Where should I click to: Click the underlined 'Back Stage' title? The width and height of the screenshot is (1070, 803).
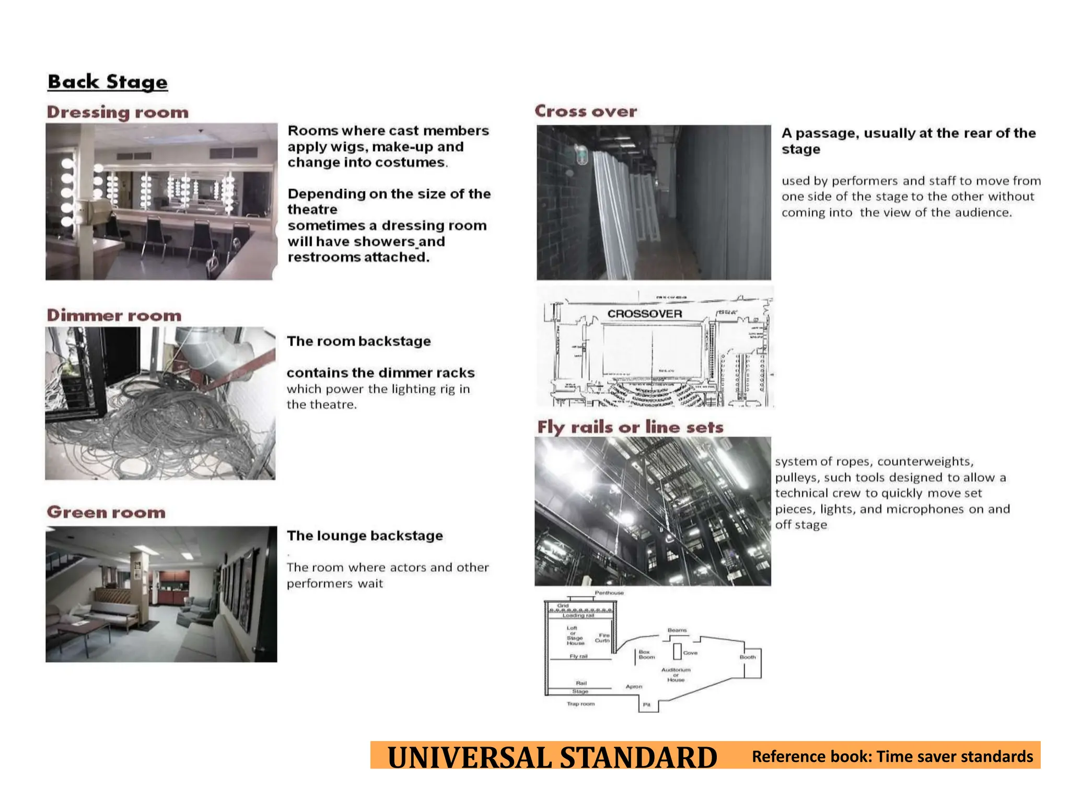point(108,82)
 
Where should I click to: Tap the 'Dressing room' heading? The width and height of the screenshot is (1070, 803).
point(118,112)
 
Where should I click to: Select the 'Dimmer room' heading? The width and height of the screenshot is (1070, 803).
point(114,315)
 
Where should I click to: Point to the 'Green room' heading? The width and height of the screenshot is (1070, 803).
point(106,512)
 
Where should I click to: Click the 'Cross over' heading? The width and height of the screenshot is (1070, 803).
point(586,111)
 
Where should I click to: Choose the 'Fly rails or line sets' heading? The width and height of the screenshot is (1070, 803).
point(630,427)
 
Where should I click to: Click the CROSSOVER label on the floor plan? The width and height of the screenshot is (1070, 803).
point(645,314)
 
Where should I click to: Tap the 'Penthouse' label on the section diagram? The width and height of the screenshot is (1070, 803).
point(609,593)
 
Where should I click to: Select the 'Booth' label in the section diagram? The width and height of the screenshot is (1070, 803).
point(748,657)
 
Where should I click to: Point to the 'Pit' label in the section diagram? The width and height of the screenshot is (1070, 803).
point(647,705)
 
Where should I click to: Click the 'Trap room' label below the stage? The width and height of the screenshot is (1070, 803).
point(580,704)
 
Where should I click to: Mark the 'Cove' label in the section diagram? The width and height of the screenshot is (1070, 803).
point(690,653)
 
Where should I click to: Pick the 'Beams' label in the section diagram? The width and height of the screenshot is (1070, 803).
point(677,630)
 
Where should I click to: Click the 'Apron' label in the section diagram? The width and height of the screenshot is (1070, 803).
point(634,686)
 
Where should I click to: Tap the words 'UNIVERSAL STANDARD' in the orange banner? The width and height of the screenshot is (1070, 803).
point(552,757)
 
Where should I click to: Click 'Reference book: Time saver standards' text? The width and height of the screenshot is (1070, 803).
point(892,756)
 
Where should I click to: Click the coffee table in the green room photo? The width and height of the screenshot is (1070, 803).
point(84,627)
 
